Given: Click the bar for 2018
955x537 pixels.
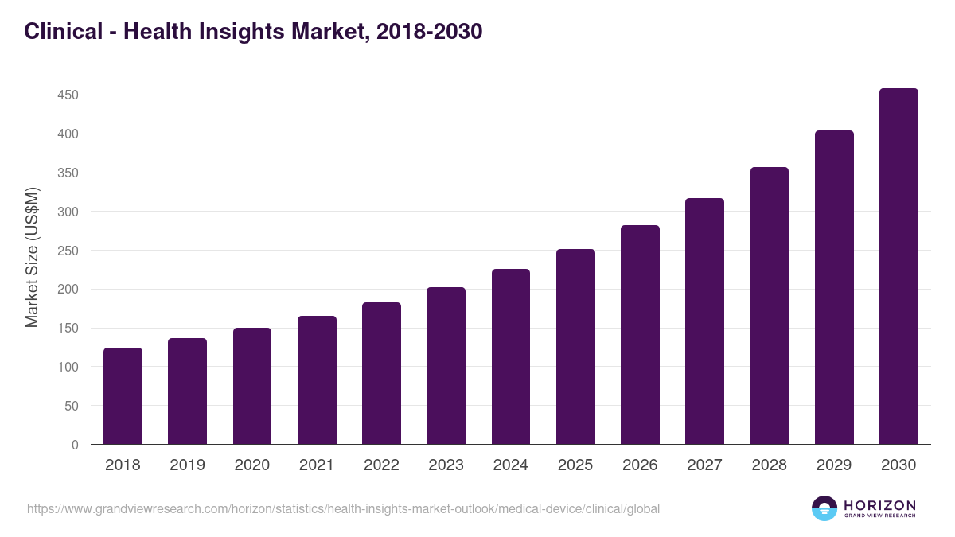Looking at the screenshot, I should coord(123,396).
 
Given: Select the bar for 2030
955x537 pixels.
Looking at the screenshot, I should coord(898,267).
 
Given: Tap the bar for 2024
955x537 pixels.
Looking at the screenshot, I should coord(511,356).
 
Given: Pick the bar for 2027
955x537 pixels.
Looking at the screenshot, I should coord(704,321).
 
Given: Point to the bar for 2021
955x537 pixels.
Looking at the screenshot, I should coord(317,380).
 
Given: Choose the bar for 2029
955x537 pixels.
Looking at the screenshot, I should coord(834,287).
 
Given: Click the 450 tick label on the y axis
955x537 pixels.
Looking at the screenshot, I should coord(67,95).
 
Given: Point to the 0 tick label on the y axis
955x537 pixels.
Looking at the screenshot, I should coord(75,445).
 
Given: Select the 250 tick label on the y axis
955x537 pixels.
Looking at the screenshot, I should coord(67,251).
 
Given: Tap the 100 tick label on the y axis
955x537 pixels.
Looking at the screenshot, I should coord(67,368).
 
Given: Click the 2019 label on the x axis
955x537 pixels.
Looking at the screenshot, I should coord(187,465).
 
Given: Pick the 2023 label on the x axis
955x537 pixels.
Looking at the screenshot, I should coord(446,465).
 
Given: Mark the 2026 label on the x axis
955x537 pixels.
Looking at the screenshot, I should coord(640,465).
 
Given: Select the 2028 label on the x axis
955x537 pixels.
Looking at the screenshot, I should coord(770,465).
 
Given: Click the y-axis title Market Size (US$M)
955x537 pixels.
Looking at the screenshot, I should coord(32,257).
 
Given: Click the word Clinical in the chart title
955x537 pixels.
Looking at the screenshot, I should coord(64,32).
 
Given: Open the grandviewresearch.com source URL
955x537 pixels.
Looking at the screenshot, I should coord(343,508).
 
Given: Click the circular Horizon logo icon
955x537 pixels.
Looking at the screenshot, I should coord(824,508).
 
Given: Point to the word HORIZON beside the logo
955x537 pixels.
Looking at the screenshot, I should coord(879,505).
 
